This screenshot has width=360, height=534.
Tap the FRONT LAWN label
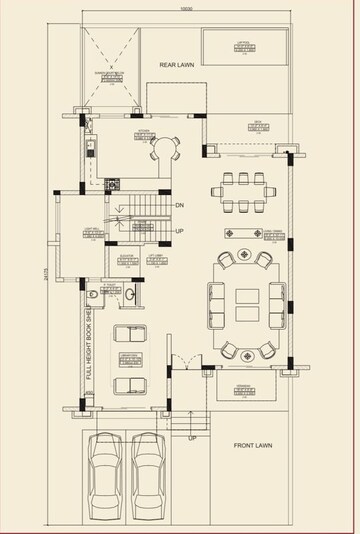pyautogui.click(x=253, y=445)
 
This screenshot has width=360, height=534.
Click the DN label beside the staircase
pyautogui.click(x=180, y=206)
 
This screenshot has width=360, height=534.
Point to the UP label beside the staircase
pyautogui.click(x=180, y=231)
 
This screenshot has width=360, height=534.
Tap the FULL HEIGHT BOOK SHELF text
pyautogui.click(x=89, y=345)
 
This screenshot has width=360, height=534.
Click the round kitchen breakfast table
pyautogui.click(x=163, y=149)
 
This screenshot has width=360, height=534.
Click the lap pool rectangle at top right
pyautogui.click(x=244, y=45)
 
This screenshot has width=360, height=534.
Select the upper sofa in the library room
pyautogui.click(x=128, y=335)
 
